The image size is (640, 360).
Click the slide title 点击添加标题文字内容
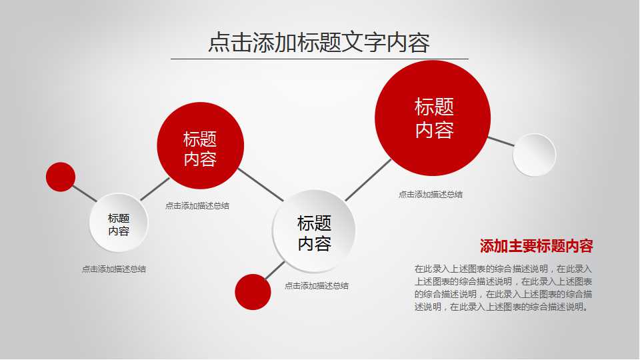[319, 42]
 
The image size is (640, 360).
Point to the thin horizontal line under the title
[319, 59]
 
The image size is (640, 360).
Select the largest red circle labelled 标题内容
[433, 118]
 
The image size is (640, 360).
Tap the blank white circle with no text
[534, 155]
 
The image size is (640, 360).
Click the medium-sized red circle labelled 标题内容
[200, 145]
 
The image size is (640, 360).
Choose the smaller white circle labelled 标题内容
[119, 223]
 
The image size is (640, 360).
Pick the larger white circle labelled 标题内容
[314, 231]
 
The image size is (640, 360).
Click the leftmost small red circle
[61, 177]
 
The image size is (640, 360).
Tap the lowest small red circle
[253, 291]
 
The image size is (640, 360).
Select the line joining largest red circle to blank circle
[501, 141]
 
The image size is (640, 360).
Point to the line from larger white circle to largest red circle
[368, 179]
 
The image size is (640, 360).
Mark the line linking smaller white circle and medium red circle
[155, 189]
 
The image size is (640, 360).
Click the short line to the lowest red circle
[274, 270]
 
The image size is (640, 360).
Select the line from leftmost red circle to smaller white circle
[84, 193]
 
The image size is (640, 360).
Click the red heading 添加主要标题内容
[536, 246]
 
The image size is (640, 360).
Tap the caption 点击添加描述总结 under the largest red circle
[430, 195]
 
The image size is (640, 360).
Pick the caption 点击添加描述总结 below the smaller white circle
[113, 269]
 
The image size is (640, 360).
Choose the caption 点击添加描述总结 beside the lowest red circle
[316, 286]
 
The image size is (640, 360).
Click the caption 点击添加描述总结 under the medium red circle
[197, 206]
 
